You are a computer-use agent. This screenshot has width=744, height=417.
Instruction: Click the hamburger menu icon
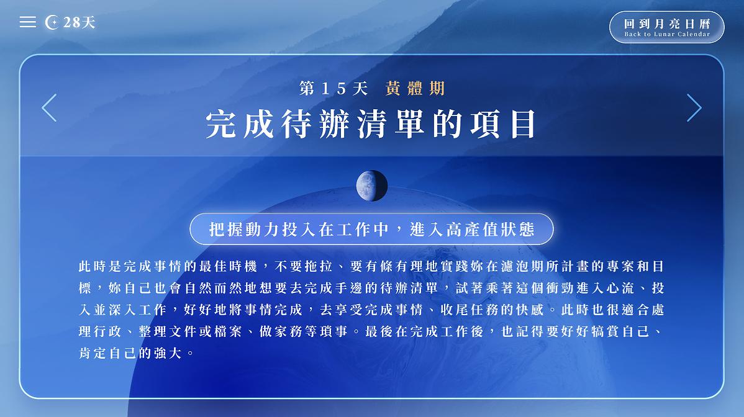tap(27, 22)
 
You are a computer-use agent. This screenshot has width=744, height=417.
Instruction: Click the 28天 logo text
tap(79, 23)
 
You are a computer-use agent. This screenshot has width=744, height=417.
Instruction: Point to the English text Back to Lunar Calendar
tap(667, 35)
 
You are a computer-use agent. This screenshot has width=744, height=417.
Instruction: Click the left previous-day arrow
tap(49, 108)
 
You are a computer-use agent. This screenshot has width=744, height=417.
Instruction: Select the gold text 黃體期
tap(415, 88)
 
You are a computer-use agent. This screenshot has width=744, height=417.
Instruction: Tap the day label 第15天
tap(333, 89)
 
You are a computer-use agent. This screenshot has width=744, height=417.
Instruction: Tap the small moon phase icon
tap(371, 186)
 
